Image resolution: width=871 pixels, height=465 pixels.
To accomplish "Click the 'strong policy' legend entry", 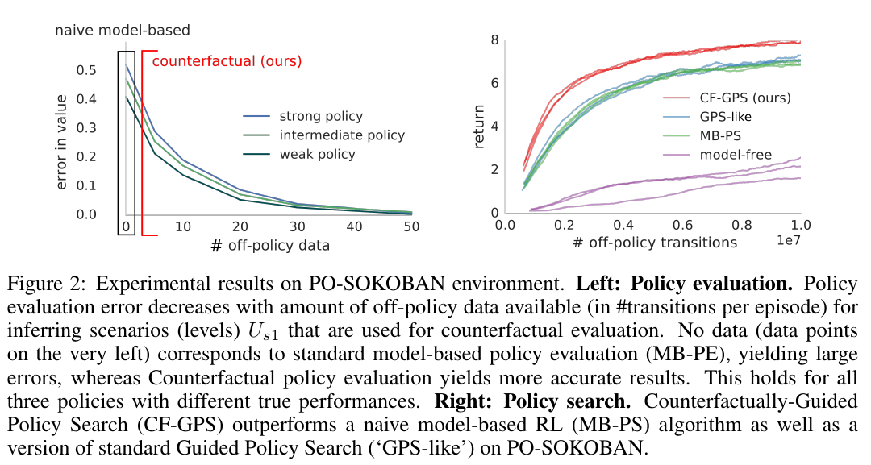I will click(x=321, y=117).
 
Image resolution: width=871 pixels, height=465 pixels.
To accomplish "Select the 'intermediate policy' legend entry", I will click(x=342, y=135).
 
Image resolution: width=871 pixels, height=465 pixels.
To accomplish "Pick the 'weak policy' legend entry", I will click(x=317, y=154).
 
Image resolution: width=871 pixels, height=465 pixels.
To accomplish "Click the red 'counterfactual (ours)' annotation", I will click(x=227, y=60).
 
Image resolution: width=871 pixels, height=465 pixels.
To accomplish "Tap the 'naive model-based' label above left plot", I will click(x=123, y=31).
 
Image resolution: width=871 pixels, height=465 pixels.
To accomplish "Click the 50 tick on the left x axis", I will click(x=411, y=227).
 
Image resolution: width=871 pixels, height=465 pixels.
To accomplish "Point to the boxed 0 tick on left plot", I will click(x=126, y=227).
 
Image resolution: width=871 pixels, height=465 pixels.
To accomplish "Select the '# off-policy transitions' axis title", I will click(x=653, y=242).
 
